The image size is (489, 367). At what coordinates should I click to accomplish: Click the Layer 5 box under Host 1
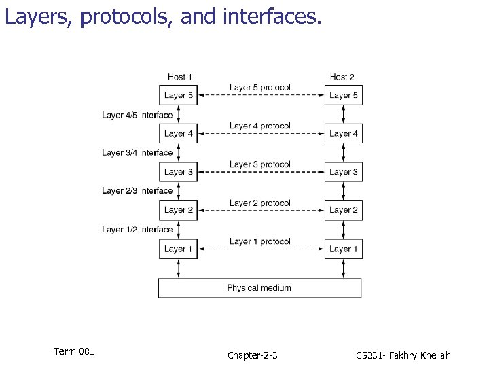click(x=179, y=95)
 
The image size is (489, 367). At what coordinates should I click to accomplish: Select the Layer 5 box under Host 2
click(x=343, y=95)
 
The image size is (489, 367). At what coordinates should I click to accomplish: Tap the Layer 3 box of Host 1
click(x=179, y=172)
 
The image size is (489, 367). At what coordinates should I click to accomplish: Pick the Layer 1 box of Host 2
click(x=343, y=249)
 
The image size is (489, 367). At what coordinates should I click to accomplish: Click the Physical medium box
click(x=259, y=287)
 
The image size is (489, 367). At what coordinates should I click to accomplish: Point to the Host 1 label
click(x=180, y=77)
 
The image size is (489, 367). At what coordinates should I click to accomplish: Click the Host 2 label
click(x=342, y=77)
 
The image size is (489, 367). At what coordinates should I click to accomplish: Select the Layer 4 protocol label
click(x=259, y=126)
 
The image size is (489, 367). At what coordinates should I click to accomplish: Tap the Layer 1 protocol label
click(x=259, y=241)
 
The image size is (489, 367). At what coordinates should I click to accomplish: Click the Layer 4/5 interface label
click(x=137, y=115)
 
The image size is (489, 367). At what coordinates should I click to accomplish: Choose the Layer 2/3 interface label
click(x=137, y=191)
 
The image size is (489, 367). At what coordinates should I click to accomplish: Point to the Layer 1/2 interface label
click(x=137, y=230)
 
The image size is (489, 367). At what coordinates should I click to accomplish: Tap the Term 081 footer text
click(x=73, y=351)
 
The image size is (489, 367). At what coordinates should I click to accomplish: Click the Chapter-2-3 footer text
click(x=252, y=355)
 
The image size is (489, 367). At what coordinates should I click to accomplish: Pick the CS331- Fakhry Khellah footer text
click(x=403, y=355)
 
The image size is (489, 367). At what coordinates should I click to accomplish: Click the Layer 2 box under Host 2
click(x=343, y=210)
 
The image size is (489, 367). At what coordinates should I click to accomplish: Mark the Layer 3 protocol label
click(x=259, y=164)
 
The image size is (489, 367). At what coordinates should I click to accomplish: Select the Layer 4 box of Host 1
click(x=179, y=134)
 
